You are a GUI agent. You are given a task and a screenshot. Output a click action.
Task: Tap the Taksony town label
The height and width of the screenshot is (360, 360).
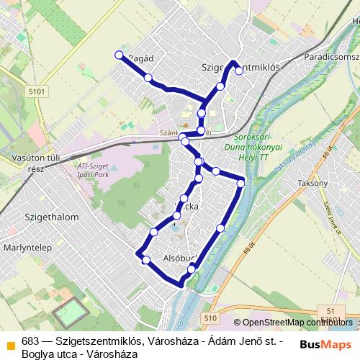312,184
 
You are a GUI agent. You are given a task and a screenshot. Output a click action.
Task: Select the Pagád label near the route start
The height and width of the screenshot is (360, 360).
142,58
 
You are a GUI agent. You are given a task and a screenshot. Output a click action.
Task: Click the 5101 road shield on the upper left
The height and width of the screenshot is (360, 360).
37,91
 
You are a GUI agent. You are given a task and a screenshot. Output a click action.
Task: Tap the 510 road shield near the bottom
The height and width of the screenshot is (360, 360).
210,318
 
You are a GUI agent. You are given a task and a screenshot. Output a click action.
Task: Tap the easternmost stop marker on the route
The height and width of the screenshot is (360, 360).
240,183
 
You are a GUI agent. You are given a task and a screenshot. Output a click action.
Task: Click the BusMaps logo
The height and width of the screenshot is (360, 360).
327,345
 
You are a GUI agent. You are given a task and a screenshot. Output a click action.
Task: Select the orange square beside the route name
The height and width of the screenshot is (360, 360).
10,343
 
